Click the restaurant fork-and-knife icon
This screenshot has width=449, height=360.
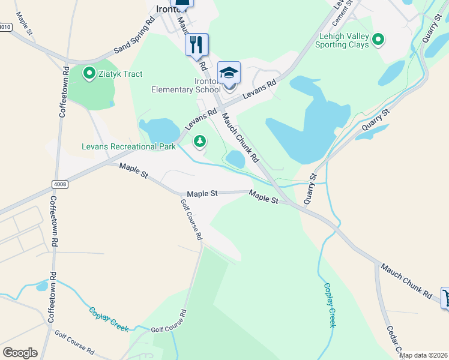tap(196, 44)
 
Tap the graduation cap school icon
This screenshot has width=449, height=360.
tap(229, 73)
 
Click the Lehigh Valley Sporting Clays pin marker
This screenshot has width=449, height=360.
tap(378, 40)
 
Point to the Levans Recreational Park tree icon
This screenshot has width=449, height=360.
tap(199, 142)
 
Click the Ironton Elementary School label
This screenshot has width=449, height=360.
tap(186, 85)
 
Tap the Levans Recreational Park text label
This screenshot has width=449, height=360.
tap(128, 146)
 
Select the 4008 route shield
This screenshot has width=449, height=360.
tap(60, 184)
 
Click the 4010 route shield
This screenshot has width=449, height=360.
tap(5, 27)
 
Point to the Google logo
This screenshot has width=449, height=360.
tap(20, 353)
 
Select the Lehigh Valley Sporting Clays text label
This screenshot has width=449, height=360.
tap(342, 40)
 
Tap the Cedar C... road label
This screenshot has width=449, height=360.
tap(393, 341)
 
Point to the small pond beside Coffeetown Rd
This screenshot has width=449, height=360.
tap(41, 286)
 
